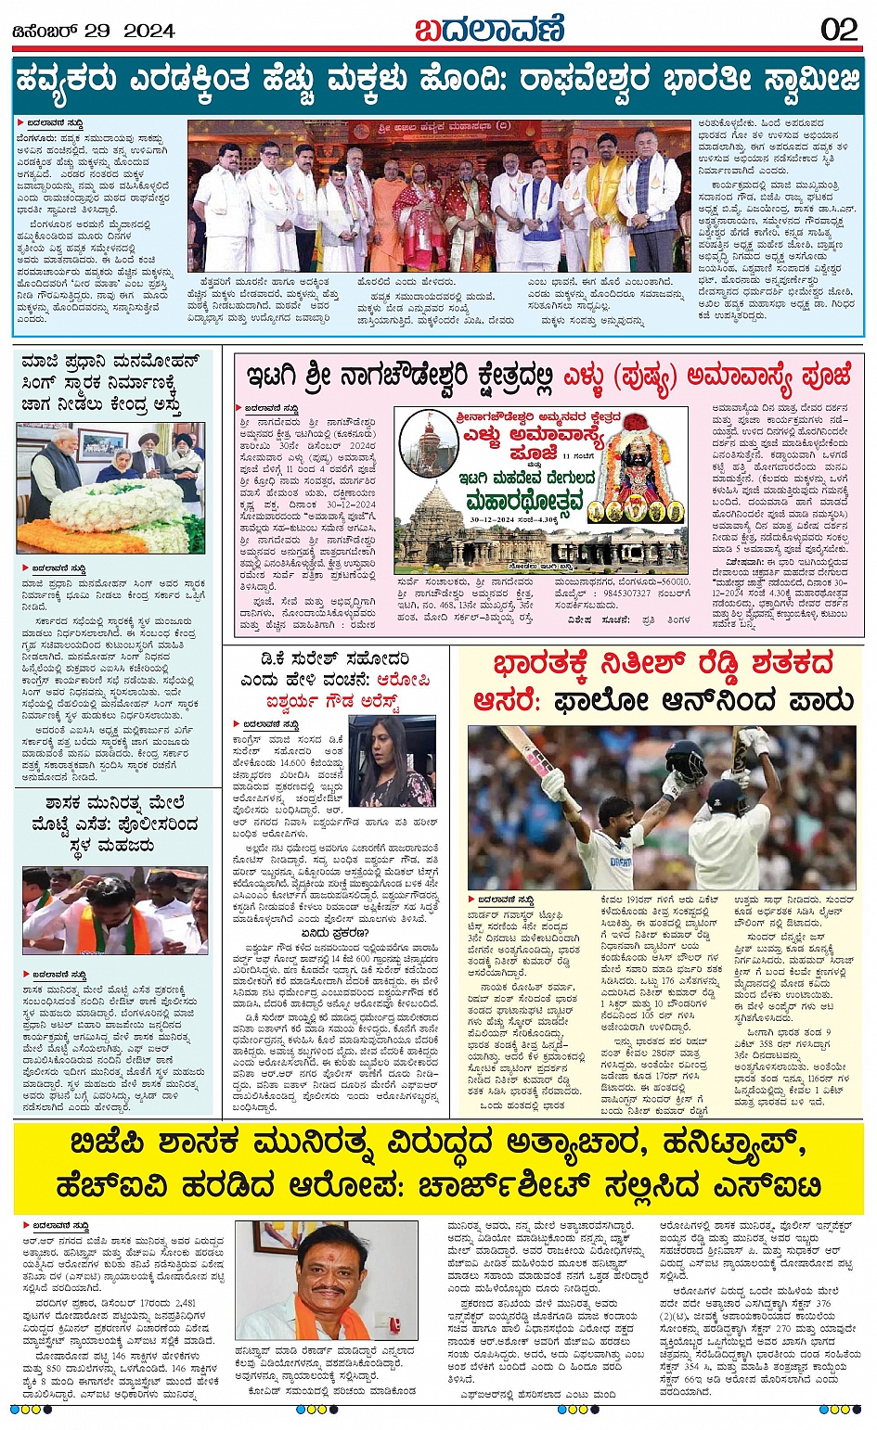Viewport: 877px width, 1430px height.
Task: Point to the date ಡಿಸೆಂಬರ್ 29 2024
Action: tap(94, 31)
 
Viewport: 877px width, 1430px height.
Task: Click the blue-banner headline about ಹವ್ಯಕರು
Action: tap(438, 81)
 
